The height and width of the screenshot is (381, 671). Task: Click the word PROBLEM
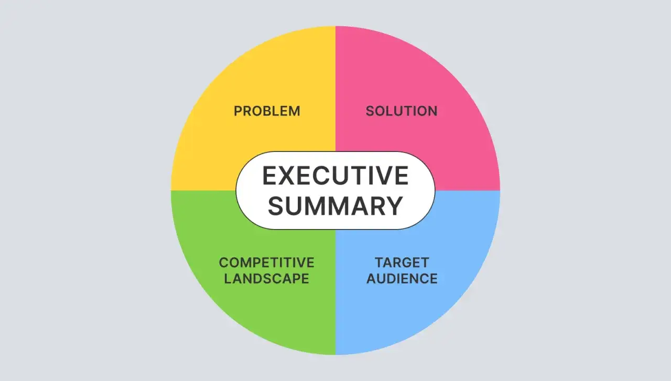267,111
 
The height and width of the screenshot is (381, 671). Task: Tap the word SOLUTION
402,111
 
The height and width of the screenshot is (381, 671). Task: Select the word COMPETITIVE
267,263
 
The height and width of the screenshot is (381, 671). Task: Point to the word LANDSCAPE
267,279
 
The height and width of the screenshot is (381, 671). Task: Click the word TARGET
402,263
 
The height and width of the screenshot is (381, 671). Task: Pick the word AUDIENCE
402,279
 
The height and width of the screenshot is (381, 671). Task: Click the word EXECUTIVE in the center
335,176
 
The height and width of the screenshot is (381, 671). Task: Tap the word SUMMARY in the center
335,206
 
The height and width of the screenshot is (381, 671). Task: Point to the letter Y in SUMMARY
395,206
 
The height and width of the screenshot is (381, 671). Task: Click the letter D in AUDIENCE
394,279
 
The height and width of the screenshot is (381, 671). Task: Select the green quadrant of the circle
255,309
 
